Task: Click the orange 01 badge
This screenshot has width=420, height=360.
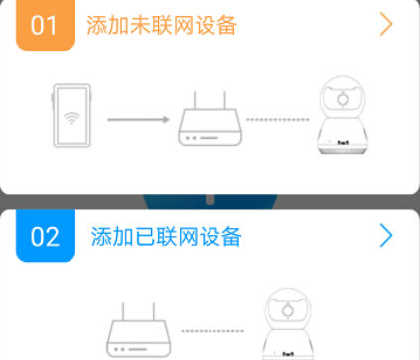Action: coord(45,25)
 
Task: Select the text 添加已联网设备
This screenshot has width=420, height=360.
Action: coord(166,236)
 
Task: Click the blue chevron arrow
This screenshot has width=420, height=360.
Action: coord(386,235)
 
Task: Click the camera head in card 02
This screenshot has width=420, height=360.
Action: coord(288,309)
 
